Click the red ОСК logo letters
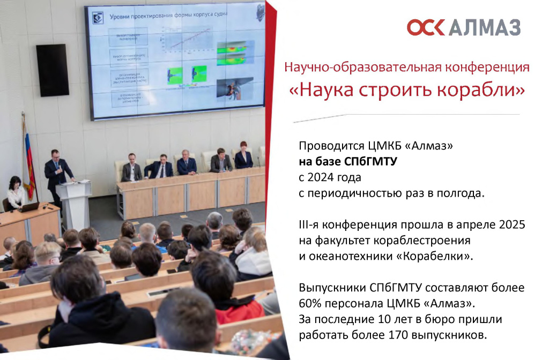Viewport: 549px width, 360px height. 426,27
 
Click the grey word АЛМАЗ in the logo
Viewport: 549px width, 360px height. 485,27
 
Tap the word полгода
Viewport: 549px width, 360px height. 462,192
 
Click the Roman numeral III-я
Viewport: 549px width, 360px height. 310,224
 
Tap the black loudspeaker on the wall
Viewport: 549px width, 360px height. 52,70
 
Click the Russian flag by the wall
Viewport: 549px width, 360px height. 28,161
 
